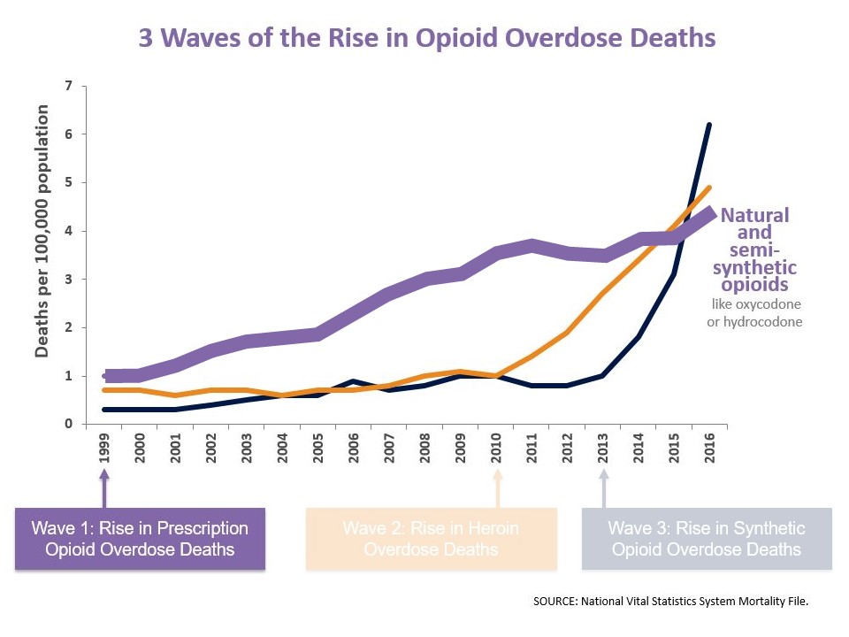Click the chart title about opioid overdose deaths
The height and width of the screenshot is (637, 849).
pos(427,39)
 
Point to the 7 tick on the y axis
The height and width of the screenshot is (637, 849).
pos(69,86)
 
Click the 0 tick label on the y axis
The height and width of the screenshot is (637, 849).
pos(69,424)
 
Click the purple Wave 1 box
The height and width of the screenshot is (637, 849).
pos(140,539)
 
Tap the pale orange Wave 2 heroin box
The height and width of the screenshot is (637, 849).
pos(431,539)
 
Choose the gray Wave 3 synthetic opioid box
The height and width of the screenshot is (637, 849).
pos(707,539)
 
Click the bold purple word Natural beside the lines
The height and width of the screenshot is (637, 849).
pos(754,215)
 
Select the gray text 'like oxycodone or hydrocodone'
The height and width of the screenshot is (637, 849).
pos(756,313)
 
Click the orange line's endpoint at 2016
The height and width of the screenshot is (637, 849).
pos(709,188)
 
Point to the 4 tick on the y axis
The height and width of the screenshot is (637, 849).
pos(69,231)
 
